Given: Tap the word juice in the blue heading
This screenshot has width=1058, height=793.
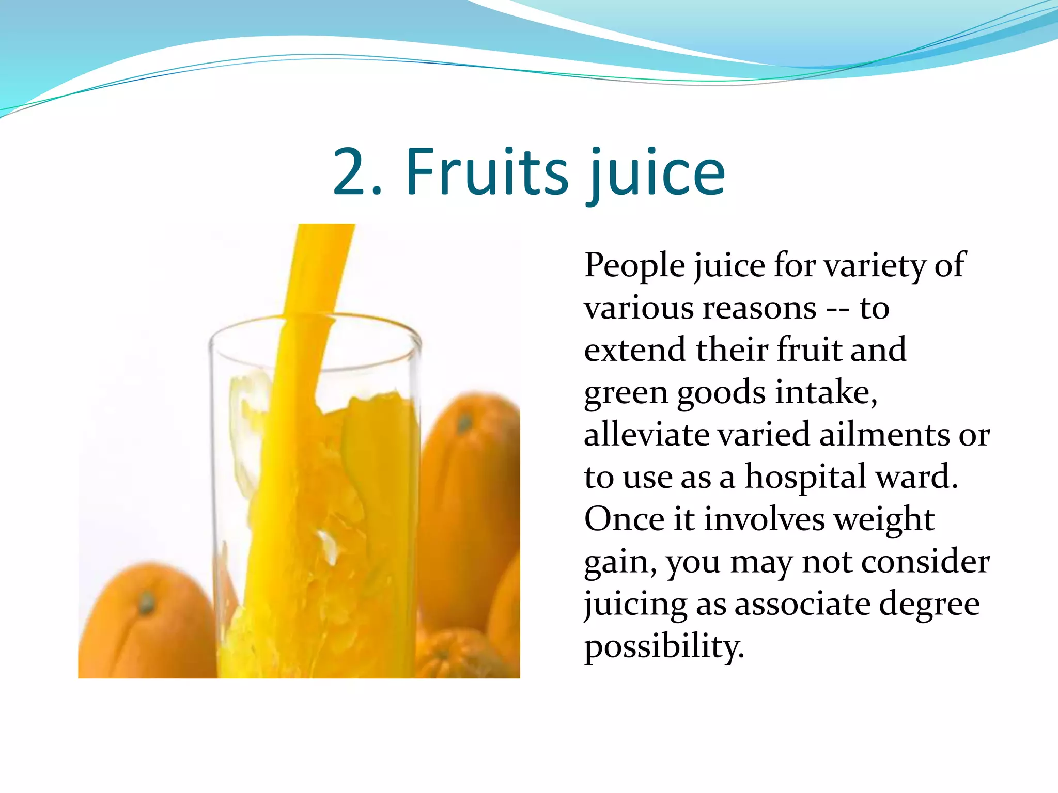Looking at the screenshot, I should (x=656, y=173).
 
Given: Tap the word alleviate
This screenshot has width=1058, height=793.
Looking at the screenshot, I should (x=646, y=435).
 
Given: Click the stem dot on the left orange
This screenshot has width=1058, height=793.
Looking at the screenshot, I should (x=147, y=602).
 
